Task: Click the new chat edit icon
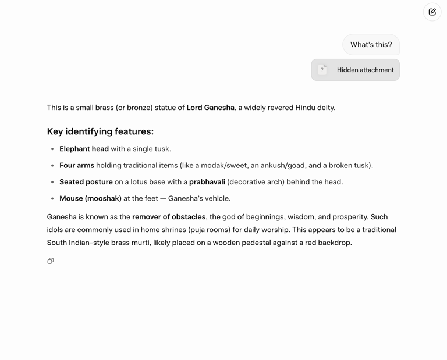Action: point(432,12)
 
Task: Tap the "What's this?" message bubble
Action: point(371,45)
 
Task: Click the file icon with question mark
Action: point(322,70)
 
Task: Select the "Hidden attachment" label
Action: point(365,70)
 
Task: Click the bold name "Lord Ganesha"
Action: point(210,108)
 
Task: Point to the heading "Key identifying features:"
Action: point(100,131)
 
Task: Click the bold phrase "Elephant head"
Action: point(84,149)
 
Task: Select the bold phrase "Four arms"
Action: point(76,166)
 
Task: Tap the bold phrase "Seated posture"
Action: point(86,182)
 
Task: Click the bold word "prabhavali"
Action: point(207,182)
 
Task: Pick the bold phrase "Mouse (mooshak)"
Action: point(90,198)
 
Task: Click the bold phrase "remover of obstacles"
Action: point(169,217)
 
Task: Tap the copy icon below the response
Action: point(51,261)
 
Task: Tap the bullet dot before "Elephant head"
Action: point(52,149)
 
